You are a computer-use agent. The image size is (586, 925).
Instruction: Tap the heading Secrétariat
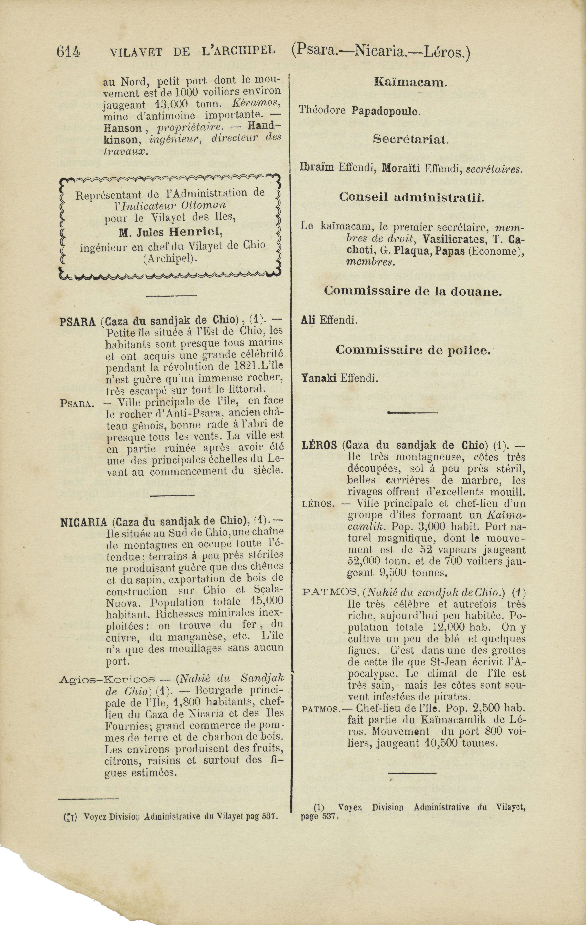(410, 139)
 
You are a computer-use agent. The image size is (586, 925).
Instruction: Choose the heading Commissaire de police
(413, 350)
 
